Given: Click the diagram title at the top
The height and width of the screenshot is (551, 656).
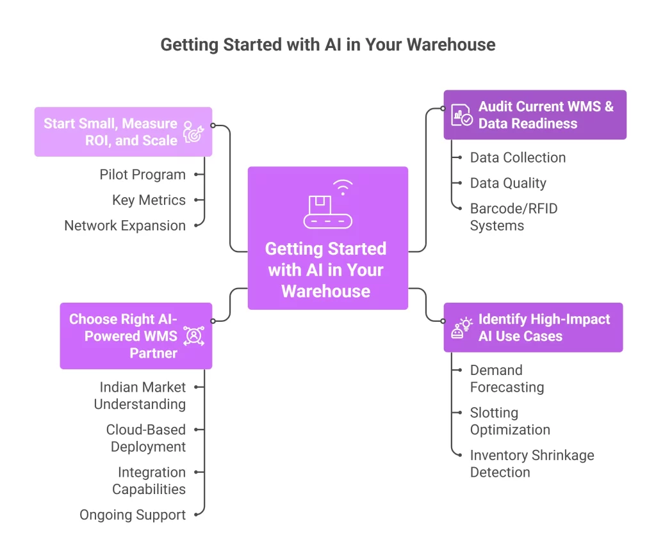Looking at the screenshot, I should coord(327,45).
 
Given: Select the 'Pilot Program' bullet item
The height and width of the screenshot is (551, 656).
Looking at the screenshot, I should coord(142,175).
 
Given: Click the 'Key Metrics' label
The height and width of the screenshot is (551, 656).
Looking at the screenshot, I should coord(149,200).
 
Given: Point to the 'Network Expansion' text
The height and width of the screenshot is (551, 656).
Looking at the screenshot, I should coord(125,226).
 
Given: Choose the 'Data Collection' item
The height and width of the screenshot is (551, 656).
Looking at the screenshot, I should coord(518,157).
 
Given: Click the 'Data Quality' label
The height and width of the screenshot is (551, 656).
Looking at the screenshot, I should coord(508,183).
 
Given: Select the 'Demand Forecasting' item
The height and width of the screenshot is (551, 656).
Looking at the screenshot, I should coord(507,379).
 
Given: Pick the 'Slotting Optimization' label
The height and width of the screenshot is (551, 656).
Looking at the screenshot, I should coord(510,421).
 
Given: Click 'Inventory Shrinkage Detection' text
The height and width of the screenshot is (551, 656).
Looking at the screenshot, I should coord(532,464).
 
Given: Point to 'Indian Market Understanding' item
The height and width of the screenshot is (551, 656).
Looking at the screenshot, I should coord(140,395).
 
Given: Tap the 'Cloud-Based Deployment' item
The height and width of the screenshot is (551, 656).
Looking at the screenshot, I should coord(146,438).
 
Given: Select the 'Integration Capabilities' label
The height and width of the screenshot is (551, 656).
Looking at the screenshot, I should coord(149,481).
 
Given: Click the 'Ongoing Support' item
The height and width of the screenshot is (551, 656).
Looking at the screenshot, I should coord(133,515).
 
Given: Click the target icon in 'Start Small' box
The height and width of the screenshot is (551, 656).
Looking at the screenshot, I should coord(193,131).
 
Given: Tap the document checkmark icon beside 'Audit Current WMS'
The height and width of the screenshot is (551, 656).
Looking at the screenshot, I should coord(461,115).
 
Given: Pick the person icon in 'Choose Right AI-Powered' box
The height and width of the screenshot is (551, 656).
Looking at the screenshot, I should coord(193,336).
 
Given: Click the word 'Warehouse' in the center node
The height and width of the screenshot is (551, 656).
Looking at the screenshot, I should coord(326,291).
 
